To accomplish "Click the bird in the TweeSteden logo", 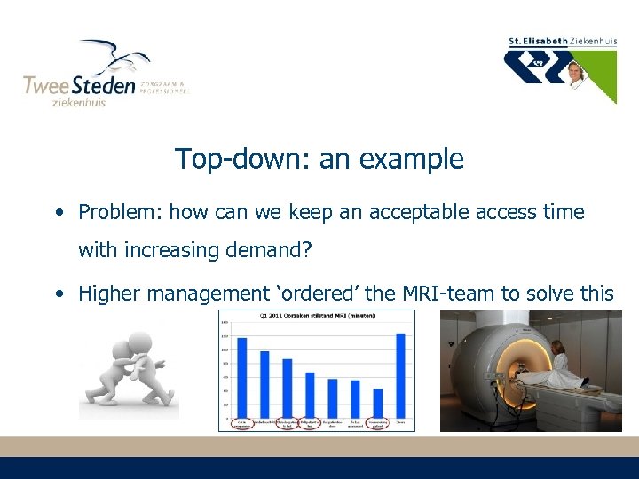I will click(x=115, y=58).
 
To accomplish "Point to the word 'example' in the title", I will click(x=417, y=160).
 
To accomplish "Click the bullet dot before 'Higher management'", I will click(x=58, y=293).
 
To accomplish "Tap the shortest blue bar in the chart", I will click(x=377, y=403).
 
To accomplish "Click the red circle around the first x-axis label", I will click(x=241, y=424).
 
